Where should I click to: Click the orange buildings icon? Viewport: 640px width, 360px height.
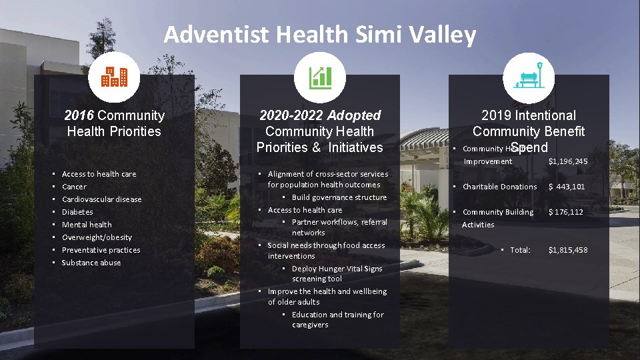click(x=114, y=78)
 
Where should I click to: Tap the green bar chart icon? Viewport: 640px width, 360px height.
click(x=319, y=78)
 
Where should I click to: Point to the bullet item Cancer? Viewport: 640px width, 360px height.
click(x=74, y=187)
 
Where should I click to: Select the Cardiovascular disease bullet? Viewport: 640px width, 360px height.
click(x=101, y=199)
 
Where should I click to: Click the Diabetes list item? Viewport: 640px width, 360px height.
click(x=77, y=212)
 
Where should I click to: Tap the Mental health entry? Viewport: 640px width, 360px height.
click(x=87, y=225)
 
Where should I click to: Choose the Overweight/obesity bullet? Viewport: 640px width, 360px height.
click(x=97, y=237)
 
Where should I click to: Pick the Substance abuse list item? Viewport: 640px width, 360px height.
click(x=91, y=263)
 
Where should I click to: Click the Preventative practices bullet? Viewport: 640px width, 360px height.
click(x=101, y=250)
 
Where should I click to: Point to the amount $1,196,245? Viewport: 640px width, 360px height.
click(x=567, y=161)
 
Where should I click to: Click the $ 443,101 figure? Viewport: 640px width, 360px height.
click(x=566, y=187)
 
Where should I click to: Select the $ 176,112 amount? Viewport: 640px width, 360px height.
click(x=565, y=212)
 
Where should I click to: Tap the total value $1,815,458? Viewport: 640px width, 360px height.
click(x=567, y=250)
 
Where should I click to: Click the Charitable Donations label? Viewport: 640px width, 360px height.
click(x=499, y=187)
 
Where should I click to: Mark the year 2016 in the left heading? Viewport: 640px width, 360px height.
click(x=78, y=115)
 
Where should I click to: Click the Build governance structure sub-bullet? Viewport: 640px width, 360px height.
click(x=339, y=197)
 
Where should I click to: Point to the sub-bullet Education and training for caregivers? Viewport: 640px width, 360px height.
click(x=337, y=320)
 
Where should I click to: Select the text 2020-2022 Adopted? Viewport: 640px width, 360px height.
click(x=319, y=115)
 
